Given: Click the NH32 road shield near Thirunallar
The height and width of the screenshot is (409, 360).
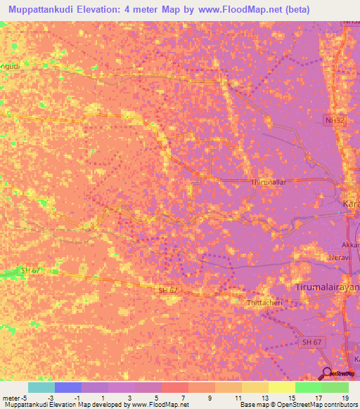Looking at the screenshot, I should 335,121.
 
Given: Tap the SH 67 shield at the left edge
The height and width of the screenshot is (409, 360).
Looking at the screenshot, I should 31,271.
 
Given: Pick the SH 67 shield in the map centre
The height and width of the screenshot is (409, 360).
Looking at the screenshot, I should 167,290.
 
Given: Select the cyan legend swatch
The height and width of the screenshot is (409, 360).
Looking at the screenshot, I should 41,387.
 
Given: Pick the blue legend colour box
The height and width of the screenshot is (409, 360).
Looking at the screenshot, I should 67,387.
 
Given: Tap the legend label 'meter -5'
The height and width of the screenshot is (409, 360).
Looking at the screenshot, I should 15,398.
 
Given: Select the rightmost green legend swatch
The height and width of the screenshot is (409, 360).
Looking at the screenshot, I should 335,387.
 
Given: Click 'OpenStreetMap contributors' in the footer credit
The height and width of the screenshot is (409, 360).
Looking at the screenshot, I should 317,405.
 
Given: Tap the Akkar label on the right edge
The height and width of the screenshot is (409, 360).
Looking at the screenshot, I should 351,245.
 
